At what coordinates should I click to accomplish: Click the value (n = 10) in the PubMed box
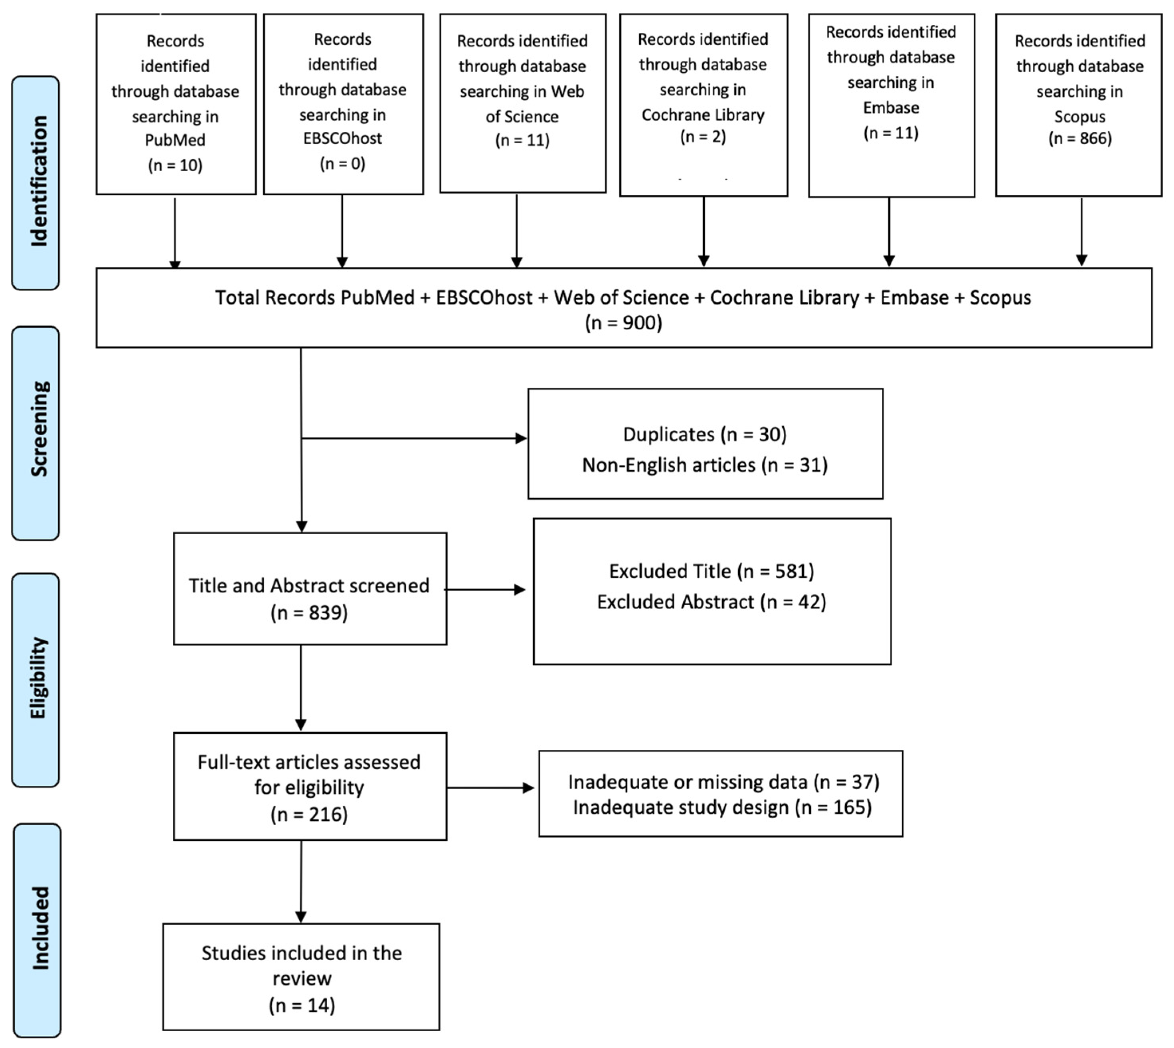(x=175, y=165)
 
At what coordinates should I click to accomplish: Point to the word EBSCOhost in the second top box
(x=342, y=138)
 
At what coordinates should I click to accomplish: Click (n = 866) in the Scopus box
(x=1079, y=138)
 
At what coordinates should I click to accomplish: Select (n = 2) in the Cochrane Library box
(x=703, y=137)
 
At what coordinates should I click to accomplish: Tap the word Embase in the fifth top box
(x=890, y=108)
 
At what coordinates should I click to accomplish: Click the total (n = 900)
(x=623, y=323)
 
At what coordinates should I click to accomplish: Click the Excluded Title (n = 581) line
(x=712, y=571)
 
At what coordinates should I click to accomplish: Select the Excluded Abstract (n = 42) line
(x=712, y=602)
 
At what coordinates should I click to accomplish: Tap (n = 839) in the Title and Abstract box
(x=309, y=613)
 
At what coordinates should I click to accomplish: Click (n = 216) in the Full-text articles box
(x=309, y=814)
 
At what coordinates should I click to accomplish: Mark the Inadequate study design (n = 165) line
(x=721, y=807)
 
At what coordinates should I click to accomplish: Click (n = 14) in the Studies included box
(x=302, y=1005)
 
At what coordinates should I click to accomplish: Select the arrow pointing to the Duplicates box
(x=414, y=438)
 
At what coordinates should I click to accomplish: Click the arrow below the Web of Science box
(x=516, y=230)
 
